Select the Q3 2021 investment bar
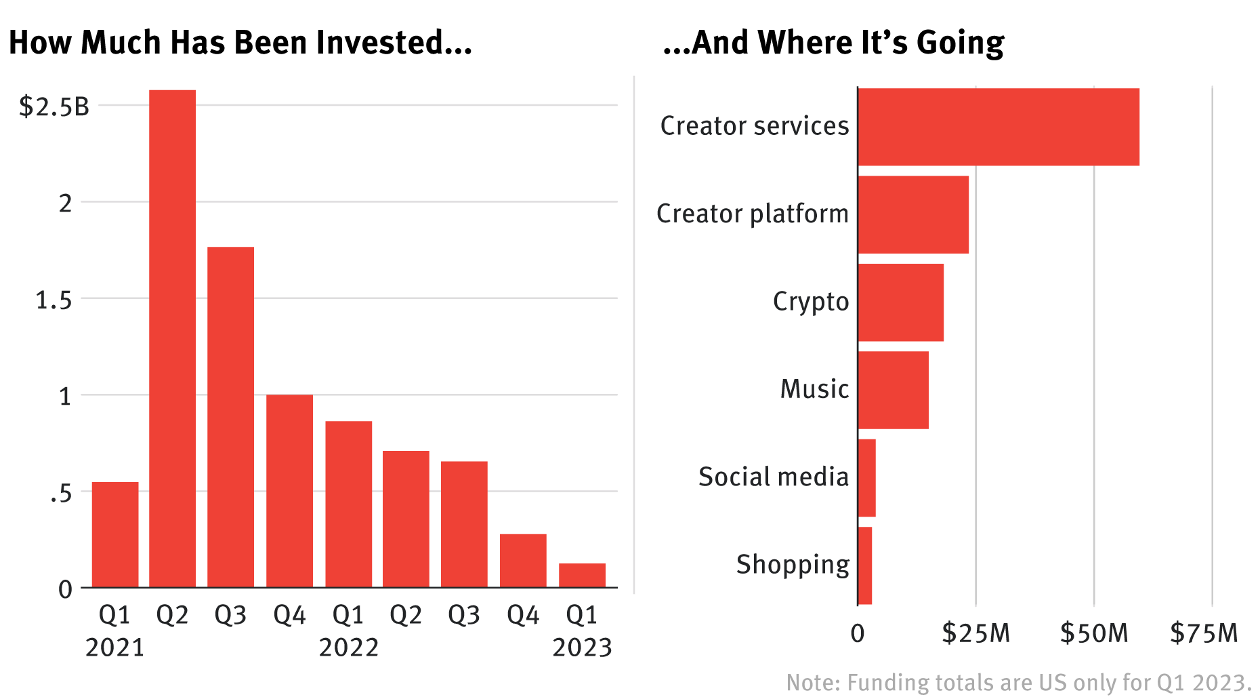point(230,416)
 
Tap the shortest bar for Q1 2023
point(582,575)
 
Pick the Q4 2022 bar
point(523,560)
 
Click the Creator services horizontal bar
point(999,127)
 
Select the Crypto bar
point(901,302)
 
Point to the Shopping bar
point(865,565)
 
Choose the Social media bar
point(867,478)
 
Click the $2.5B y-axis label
point(54,106)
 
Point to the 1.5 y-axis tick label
point(54,300)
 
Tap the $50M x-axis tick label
point(1093,633)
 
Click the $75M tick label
point(1204,633)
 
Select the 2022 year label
point(348,648)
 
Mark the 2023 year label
point(582,648)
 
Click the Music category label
point(814,389)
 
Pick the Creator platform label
point(752,214)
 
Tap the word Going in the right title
point(960,43)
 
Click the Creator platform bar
point(913,214)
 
